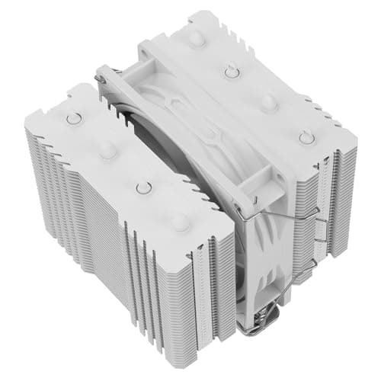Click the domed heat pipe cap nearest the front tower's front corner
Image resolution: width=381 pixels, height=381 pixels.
[179, 222]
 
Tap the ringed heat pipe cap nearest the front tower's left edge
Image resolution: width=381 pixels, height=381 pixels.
[73, 118]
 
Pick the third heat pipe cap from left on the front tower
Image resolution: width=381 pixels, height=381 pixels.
[142, 187]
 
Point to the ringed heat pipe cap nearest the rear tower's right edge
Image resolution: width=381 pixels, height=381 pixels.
[306, 137]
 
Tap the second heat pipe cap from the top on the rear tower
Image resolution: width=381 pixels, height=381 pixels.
[232, 71]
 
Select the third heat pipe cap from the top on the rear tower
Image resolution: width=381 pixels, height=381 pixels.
[268, 101]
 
